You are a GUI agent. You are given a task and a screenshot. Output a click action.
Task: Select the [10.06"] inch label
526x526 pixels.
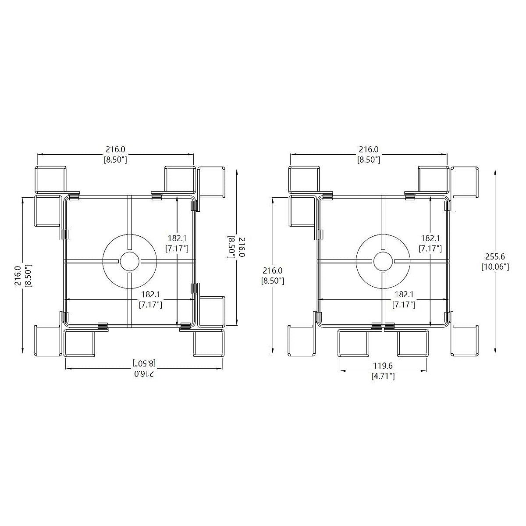495,267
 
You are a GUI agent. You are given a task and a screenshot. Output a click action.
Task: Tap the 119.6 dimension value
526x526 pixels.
383,366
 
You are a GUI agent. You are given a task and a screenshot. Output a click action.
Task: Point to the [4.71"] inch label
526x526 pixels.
383,376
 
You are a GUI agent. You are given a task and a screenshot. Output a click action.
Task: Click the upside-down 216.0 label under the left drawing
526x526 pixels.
144,373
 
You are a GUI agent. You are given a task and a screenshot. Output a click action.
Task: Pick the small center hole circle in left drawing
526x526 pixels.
129,262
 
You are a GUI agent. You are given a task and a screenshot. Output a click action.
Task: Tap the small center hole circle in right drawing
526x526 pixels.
383,262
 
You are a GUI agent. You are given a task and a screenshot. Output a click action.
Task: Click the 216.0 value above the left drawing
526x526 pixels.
115,149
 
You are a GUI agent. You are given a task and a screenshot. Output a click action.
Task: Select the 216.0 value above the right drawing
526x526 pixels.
369,149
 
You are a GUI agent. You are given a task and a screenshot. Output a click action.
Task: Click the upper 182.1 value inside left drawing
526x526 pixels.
177,238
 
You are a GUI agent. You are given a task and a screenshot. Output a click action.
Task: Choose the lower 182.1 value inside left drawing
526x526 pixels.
150,294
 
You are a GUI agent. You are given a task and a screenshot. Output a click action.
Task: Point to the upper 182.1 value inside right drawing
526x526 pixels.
430,238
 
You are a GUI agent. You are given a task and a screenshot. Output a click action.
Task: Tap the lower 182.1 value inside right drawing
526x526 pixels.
404,294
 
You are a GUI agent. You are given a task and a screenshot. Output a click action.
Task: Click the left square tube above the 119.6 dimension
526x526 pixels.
353,343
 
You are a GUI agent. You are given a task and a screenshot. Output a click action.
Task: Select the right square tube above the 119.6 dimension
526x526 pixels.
413,343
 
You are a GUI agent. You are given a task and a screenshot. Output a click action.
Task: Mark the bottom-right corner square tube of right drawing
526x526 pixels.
464,341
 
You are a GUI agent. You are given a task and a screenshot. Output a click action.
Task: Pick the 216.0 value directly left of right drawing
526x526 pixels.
272,270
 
